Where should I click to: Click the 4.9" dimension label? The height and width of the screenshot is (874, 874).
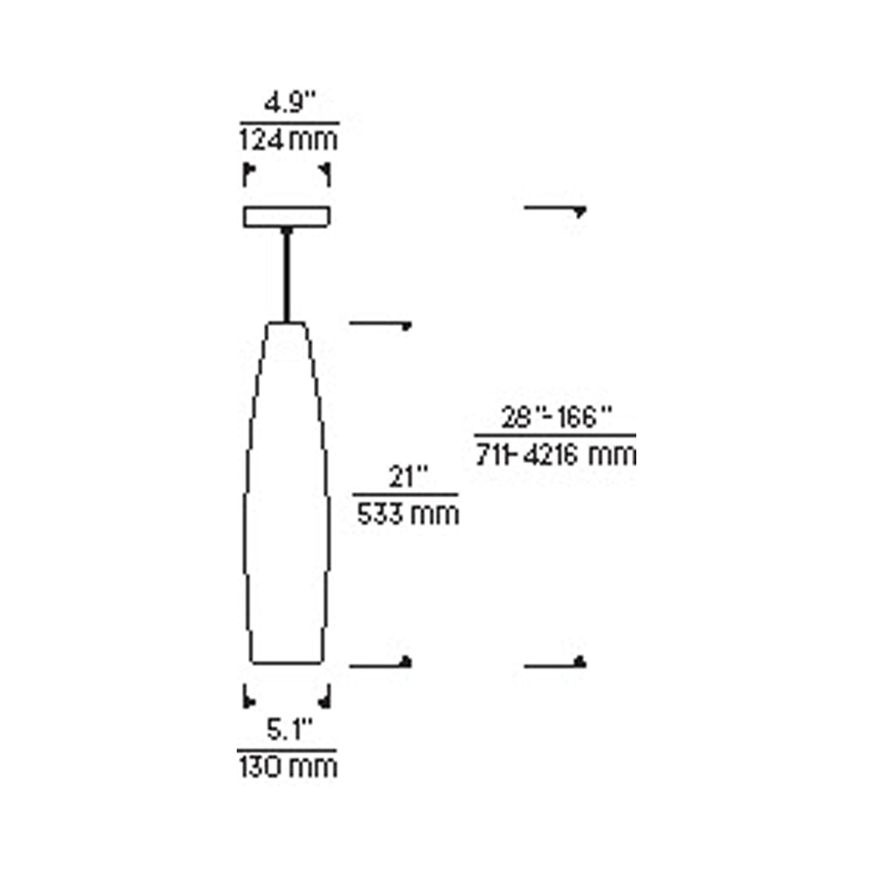tap(290, 103)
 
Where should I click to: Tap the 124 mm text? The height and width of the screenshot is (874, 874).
tap(289, 140)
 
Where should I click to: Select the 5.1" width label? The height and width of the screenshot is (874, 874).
tap(289, 730)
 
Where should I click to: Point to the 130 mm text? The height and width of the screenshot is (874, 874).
tap(287, 768)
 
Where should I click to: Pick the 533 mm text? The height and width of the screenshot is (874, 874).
tap(407, 515)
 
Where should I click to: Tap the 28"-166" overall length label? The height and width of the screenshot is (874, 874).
tap(556, 417)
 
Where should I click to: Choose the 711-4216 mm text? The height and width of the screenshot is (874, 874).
tap(556, 455)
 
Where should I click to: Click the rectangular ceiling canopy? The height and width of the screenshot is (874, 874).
tap(287, 217)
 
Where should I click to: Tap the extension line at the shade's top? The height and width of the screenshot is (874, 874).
tap(379, 324)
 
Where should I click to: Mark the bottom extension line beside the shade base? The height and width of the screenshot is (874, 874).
tap(379, 665)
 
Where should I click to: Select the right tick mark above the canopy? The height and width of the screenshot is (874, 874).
tap(327, 174)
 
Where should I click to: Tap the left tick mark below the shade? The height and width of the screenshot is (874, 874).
tap(247, 697)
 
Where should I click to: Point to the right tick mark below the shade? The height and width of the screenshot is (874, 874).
tap(327, 697)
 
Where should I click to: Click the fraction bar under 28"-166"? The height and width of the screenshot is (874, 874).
tap(555, 435)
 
